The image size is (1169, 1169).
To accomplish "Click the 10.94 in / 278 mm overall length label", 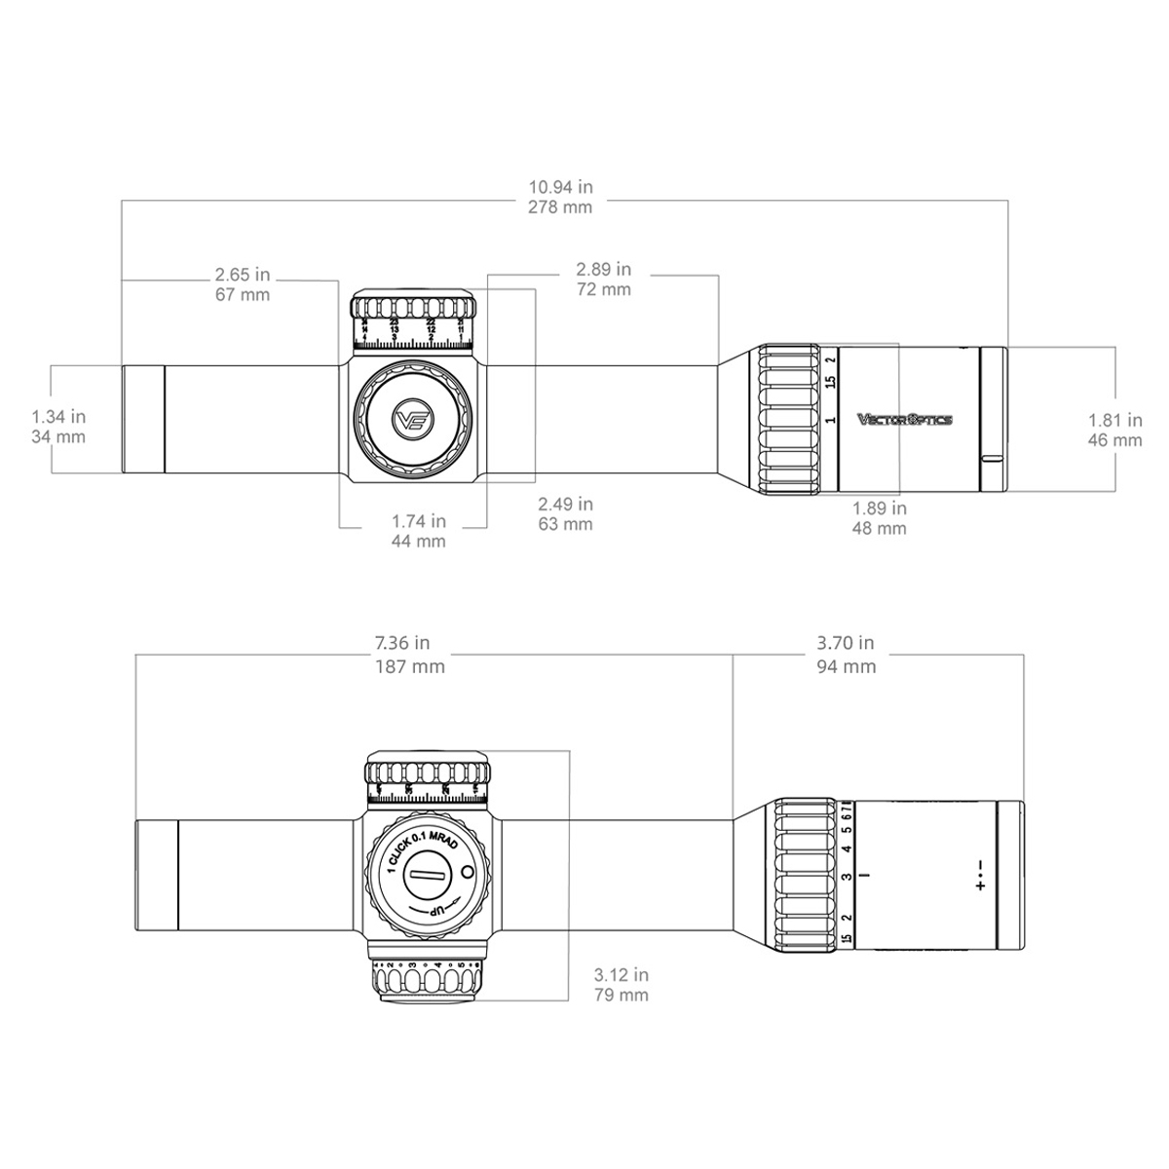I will [x=559, y=196].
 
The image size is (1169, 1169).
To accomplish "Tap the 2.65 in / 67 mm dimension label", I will [x=242, y=283].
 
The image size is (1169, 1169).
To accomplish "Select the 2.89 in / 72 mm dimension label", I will [x=603, y=279].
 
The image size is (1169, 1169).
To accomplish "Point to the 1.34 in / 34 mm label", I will [x=58, y=428].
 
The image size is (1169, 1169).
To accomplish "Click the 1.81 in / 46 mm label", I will [x=1114, y=430].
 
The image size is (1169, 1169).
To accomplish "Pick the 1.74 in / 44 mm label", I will [x=418, y=531].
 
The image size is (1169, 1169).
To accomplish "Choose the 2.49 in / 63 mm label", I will [x=565, y=513].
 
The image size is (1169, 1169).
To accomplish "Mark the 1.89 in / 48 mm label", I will [x=879, y=518].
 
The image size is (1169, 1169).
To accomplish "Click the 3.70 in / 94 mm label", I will [x=846, y=655].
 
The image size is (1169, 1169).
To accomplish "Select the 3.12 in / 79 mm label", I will [x=621, y=984].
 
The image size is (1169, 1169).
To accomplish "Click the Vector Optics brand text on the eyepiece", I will [x=904, y=420].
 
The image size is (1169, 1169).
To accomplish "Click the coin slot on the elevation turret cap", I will [x=426, y=876].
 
